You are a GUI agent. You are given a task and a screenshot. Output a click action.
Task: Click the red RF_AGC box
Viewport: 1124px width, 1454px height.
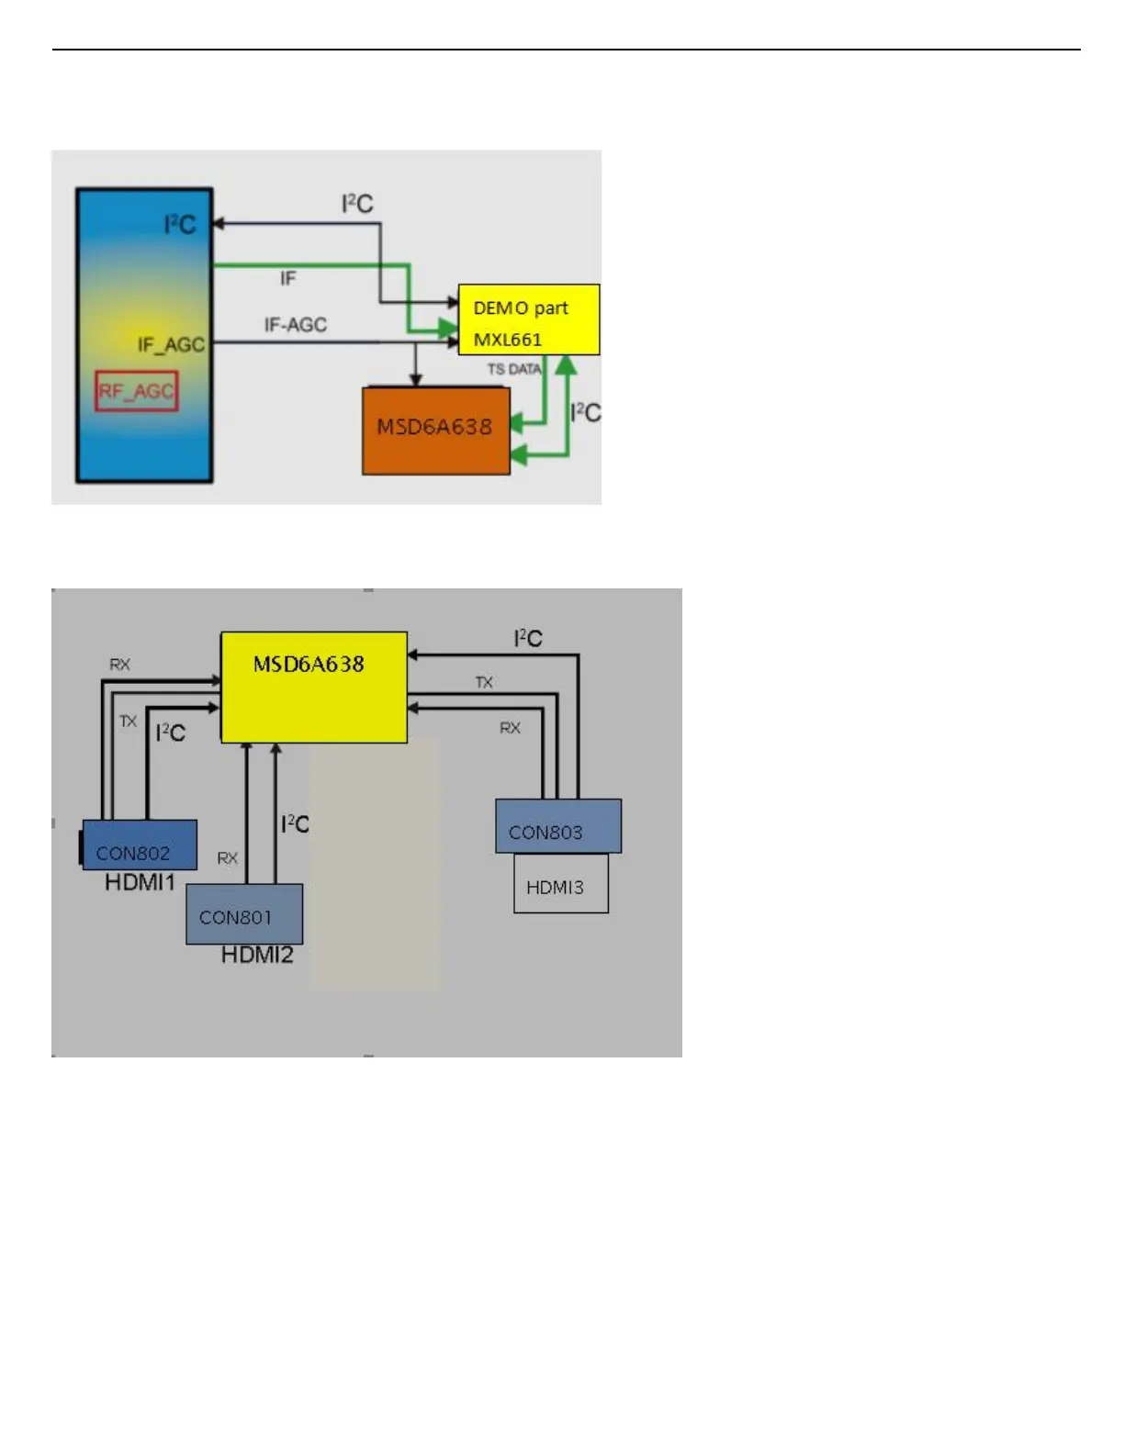point(136,391)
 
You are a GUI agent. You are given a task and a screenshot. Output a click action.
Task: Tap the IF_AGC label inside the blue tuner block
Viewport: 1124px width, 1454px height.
point(171,344)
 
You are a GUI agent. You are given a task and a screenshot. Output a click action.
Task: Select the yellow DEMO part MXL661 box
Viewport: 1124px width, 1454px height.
point(528,319)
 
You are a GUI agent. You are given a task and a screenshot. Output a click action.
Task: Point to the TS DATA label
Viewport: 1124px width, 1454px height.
point(514,369)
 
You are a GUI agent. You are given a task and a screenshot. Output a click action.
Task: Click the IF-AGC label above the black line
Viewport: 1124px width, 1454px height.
point(295,325)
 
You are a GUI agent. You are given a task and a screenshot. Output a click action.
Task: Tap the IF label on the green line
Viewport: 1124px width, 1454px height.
point(287,278)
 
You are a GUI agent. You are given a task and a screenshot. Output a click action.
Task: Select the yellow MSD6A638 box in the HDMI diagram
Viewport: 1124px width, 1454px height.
point(313,687)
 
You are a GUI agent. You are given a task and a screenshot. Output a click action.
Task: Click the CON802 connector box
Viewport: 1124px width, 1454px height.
point(139,844)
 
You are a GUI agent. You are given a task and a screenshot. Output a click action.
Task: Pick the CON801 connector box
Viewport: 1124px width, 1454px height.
point(243,914)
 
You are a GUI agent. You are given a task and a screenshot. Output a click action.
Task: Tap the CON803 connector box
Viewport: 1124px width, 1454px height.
point(557,826)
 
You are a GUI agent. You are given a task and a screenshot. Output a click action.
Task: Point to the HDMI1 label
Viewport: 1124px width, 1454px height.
point(140,882)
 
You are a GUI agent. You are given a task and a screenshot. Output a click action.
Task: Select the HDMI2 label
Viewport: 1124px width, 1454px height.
point(257,956)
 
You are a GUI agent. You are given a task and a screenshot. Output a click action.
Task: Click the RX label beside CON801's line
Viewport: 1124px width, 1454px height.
point(227,858)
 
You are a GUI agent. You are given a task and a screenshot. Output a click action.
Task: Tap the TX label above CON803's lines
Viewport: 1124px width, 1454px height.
point(484,682)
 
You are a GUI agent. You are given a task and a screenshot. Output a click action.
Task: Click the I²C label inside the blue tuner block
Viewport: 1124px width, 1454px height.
point(180,225)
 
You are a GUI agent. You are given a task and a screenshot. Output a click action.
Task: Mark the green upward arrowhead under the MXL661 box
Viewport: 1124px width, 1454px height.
point(567,364)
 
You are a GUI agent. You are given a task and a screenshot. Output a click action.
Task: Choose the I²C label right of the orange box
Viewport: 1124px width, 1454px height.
point(585,413)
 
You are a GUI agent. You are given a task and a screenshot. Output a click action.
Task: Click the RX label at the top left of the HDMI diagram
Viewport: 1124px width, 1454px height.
point(119,665)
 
